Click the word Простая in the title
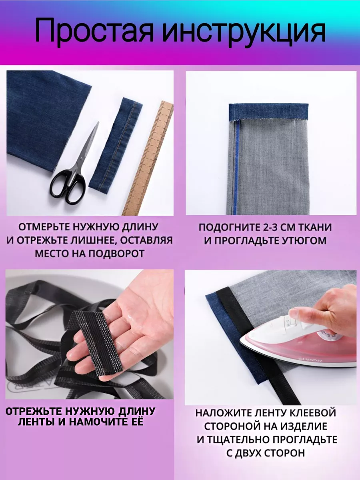point(94,31)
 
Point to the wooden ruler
point(148,158)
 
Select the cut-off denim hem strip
point(116,146)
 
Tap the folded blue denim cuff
point(269,112)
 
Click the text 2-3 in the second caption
point(269,228)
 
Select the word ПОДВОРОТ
point(116,254)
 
